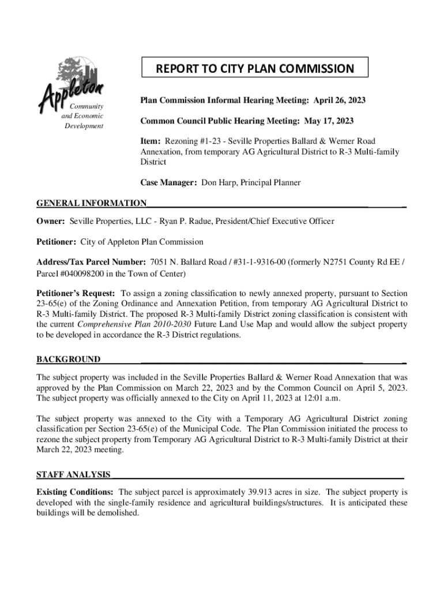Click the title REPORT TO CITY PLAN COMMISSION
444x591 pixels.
click(254, 69)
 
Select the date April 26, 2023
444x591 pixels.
click(339, 100)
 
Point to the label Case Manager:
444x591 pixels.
click(169, 182)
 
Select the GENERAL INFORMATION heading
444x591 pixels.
click(91, 203)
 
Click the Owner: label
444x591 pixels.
click(51, 221)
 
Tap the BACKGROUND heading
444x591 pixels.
click(68, 360)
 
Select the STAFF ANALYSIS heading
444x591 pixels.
click(73, 474)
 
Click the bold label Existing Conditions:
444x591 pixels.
click(75, 492)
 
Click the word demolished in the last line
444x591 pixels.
click(119, 513)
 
